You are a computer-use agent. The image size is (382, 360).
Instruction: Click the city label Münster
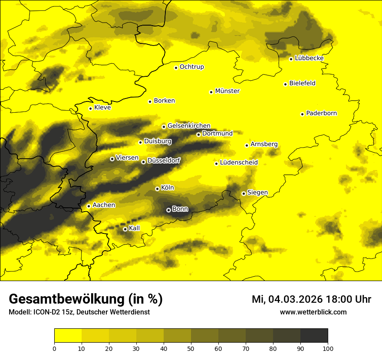coord(227,91)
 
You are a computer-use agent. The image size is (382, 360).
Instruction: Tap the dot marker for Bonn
coord(168,210)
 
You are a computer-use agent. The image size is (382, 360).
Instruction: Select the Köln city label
coord(167,188)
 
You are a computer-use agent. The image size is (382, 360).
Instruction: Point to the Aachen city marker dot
coord(89,206)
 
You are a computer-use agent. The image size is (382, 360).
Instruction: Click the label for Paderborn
coord(321,113)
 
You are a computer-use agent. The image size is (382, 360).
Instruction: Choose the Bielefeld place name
coord(302,83)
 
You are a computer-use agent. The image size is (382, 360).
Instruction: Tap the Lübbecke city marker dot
coord(291,59)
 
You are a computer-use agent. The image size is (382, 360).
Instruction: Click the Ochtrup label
coord(191,67)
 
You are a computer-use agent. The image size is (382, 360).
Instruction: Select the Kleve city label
coord(102,107)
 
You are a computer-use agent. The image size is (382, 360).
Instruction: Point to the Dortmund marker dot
coord(198,134)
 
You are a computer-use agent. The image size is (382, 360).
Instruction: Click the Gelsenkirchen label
coord(189,126)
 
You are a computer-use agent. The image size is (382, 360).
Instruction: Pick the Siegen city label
coord(257,192)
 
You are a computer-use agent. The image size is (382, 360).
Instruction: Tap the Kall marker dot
coord(125,229)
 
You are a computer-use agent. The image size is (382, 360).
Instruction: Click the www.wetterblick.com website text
coord(313,312)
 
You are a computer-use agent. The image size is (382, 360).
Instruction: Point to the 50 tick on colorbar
coord(191,348)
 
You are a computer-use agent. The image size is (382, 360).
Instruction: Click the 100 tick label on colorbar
coord(328,348)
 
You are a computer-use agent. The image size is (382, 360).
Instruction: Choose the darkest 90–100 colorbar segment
coord(314,336)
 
